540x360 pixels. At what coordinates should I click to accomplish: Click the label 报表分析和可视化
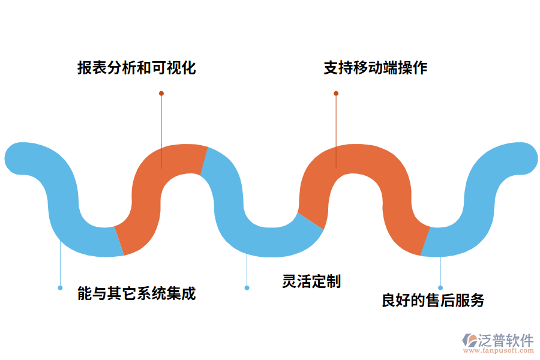(136, 68)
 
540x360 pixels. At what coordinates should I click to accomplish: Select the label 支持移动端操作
(375, 68)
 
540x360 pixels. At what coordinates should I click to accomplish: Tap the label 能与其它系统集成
(137, 294)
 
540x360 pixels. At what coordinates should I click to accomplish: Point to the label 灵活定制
(311, 281)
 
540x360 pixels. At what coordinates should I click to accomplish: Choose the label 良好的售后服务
(433, 300)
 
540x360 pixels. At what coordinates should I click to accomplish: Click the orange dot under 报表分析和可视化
(161, 94)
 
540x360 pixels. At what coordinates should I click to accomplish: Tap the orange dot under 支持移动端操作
(336, 94)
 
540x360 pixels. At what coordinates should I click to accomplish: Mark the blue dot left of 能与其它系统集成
(60, 288)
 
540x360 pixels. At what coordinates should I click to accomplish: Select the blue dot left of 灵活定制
(247, 288)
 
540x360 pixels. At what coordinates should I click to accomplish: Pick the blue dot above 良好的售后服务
(440, 288)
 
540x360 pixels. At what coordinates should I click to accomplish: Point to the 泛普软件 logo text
(506, 340)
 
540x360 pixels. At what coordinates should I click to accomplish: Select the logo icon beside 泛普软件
(469, 340)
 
